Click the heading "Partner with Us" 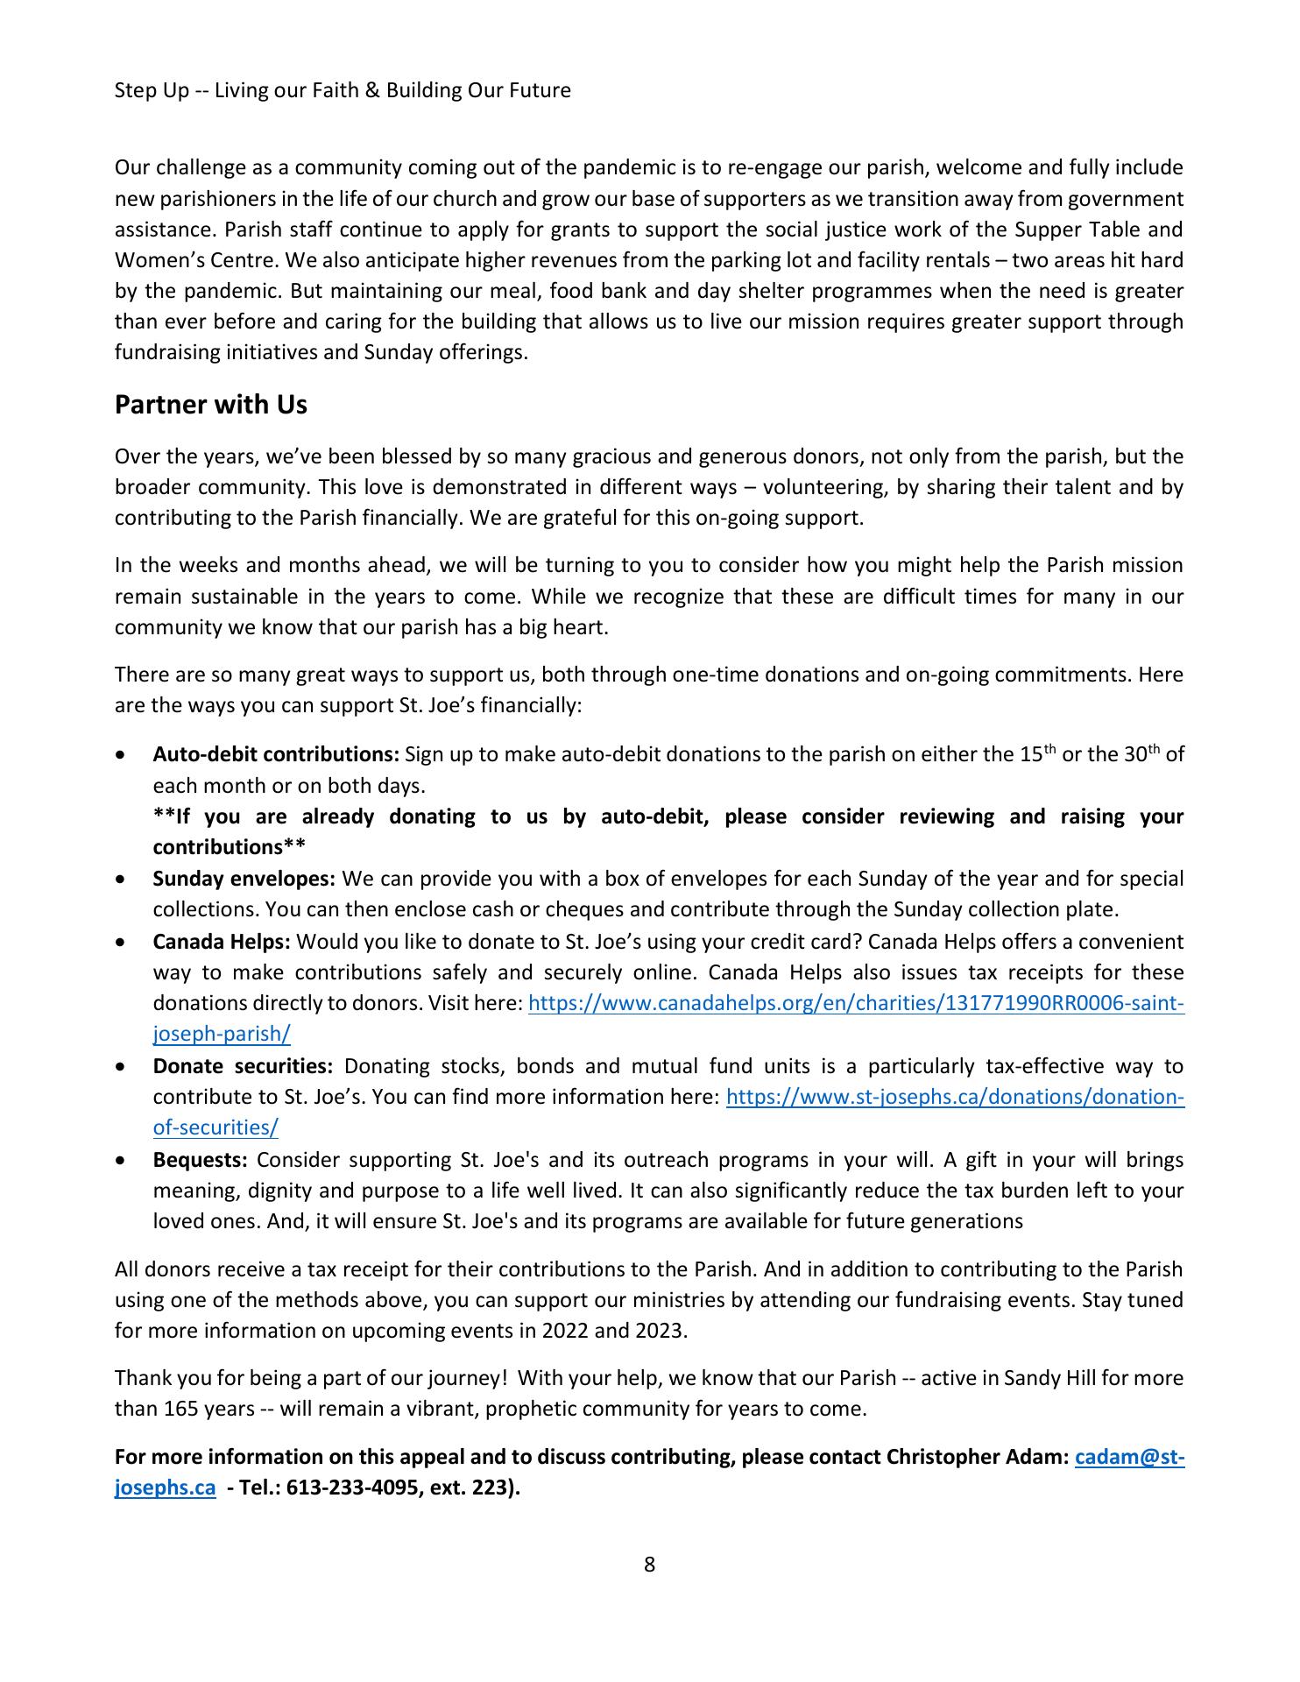coord(211,405)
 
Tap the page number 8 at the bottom coord(649,1564)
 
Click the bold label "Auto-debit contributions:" coord(276,754)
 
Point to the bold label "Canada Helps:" coord(222,942)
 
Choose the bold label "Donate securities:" coord(243,1066)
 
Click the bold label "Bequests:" coord(201,1160)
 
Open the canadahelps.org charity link coord(856,1004)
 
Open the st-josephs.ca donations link coord(955,1097)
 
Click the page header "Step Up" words coord(152,90)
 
